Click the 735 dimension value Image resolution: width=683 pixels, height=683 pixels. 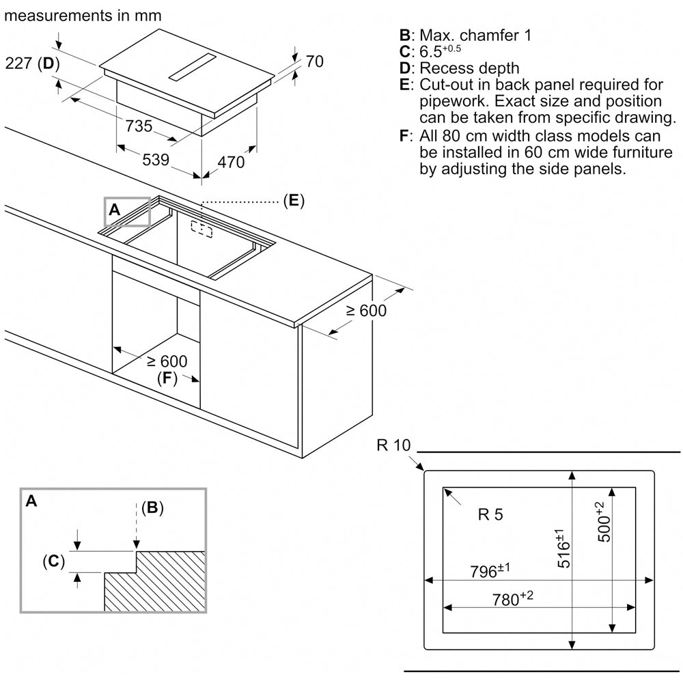(139, 126)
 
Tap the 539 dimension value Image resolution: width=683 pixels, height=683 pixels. (156, 159)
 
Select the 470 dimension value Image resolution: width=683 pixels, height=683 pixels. (231, 162)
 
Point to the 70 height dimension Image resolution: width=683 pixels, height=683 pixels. (314, 61)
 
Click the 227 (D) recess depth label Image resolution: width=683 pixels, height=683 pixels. (32, 64)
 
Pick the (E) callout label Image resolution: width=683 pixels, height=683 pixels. (294, 201)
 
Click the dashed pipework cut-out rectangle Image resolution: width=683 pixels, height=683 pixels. (201, 229)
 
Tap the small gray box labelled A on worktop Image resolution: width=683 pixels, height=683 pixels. (127, 212)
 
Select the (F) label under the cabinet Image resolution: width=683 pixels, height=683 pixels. (167, 378)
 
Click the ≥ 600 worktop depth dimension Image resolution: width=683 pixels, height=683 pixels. (366, 311)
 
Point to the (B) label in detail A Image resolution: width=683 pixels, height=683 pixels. (152, 507)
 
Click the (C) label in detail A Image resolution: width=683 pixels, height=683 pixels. (53, 561)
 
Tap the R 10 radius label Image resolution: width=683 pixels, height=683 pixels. (394, 445)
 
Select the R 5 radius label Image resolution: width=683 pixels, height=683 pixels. (490, 514)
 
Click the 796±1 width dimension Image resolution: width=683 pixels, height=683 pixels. (490, 570)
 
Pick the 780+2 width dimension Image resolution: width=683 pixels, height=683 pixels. (513, 598)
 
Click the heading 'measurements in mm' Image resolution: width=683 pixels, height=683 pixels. (83, 16)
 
